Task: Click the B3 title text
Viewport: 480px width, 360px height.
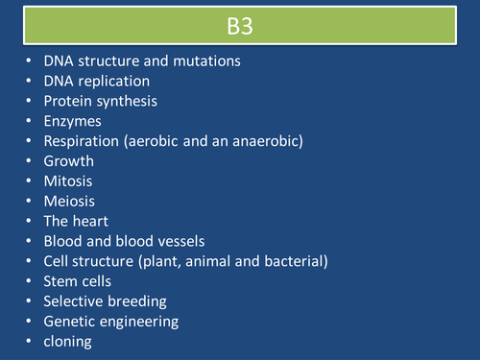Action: [240, 23]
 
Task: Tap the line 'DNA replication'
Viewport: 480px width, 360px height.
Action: [96, 81]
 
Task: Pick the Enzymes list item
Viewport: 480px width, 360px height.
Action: [73, 121]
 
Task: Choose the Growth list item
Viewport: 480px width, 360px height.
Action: [69, 161]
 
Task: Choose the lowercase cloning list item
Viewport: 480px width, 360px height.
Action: [70, 342]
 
